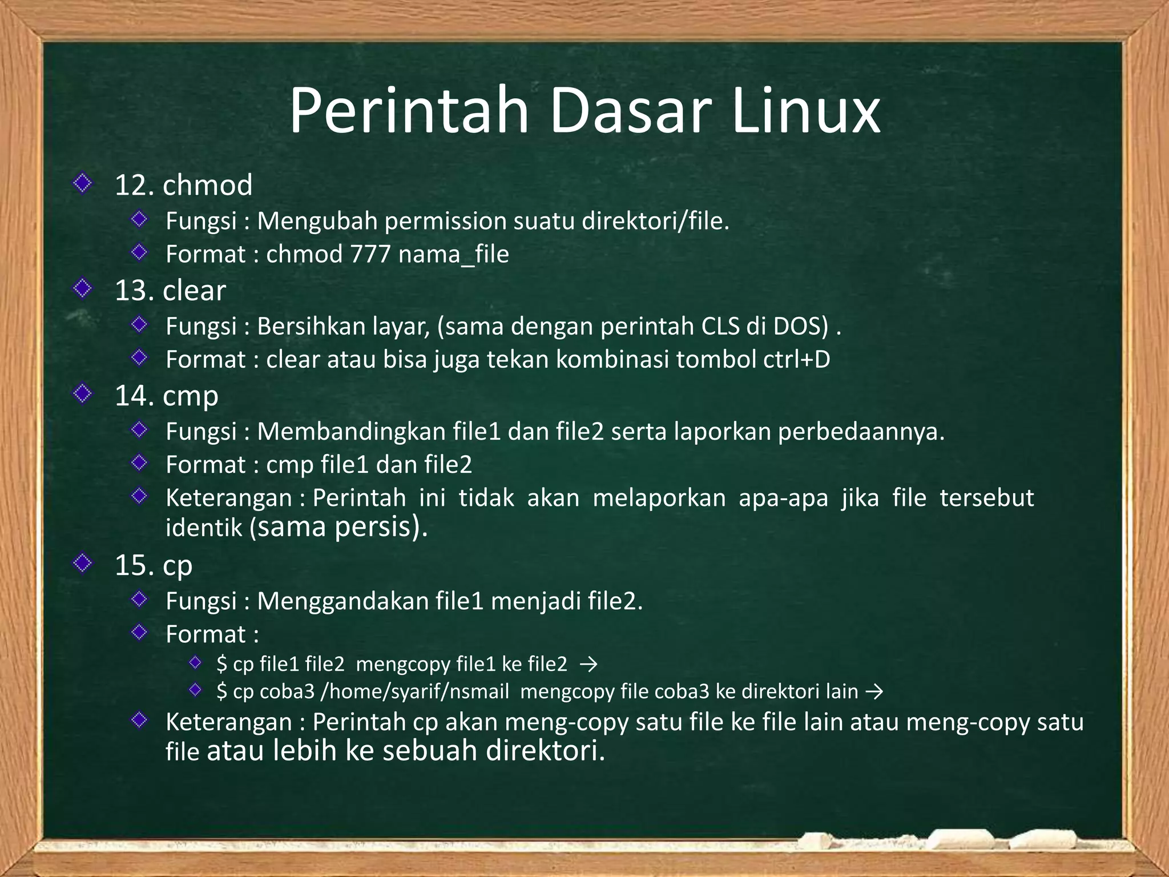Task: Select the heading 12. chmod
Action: click(x=183, y=186)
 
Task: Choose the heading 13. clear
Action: click(x=170, y=291)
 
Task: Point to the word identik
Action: click(x=204, y=528)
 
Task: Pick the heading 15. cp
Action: click(x=154, y=565)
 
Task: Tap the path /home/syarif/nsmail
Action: click(x=415, y=692)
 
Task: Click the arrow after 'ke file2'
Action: click(x=588, y=665)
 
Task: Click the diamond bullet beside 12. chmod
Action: click(x=83, y=183)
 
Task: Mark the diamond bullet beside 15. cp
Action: click(x=83, y=563)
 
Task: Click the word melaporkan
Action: click(x=659, y=498)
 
